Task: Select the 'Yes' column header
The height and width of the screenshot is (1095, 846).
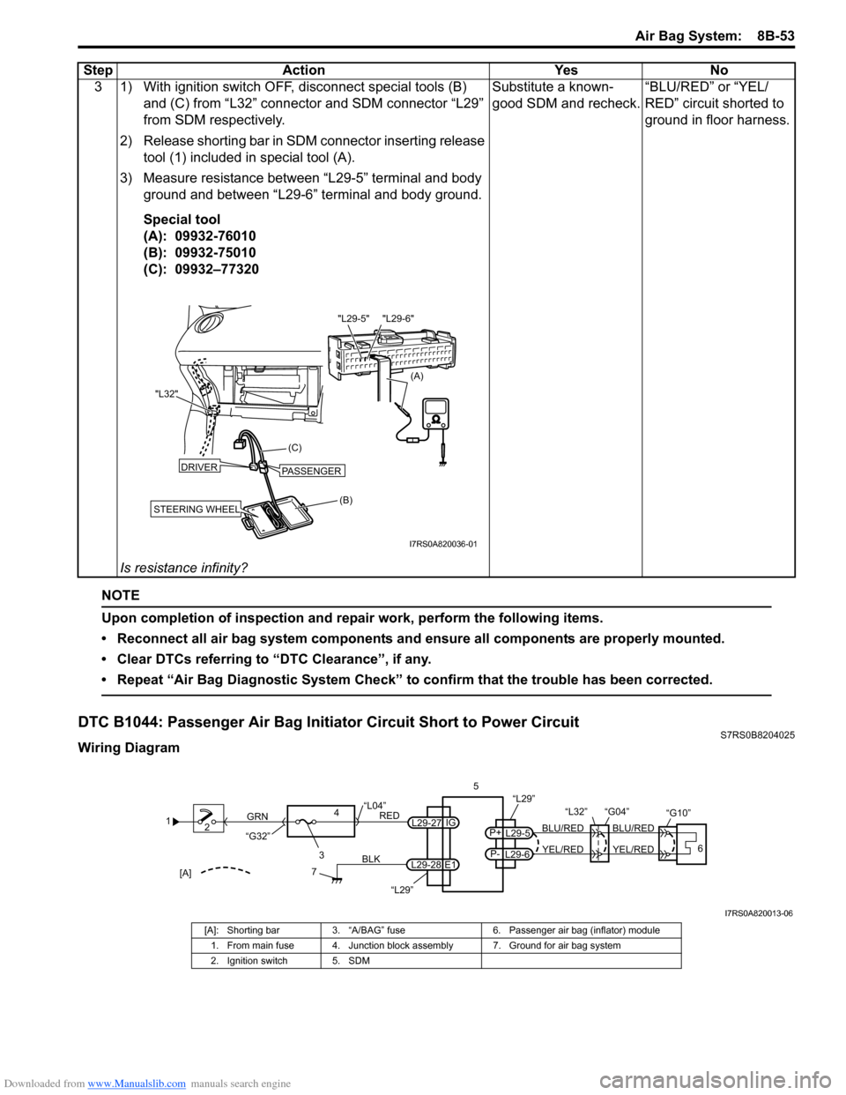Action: [566, 71]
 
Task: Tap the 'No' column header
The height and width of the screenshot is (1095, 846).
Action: [718, 71]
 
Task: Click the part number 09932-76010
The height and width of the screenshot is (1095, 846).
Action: [215, 236]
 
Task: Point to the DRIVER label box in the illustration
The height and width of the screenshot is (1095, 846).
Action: [199, 466]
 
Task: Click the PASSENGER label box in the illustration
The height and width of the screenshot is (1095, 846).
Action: [311, 471]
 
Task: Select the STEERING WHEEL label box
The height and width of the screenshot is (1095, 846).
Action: [196, 509]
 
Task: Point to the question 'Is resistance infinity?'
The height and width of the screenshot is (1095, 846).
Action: [183, 568]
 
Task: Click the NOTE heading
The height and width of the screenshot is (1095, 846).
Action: [121, 596]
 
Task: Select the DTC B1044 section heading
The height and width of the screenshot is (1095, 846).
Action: [329, 723]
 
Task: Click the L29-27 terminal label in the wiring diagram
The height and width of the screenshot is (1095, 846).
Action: [426, 823]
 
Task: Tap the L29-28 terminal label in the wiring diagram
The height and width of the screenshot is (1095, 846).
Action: [426, 865]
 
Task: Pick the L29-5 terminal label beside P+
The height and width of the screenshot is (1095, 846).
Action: [517, 833]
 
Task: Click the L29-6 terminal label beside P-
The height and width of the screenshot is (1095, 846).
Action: [517, 854]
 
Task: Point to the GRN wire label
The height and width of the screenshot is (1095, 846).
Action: [257, 817]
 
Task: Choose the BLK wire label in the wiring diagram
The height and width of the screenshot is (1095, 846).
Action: [371, 858]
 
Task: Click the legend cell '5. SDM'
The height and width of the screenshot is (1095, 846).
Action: [351, 961]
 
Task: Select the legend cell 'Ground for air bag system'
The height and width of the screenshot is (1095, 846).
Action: [564, 946]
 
